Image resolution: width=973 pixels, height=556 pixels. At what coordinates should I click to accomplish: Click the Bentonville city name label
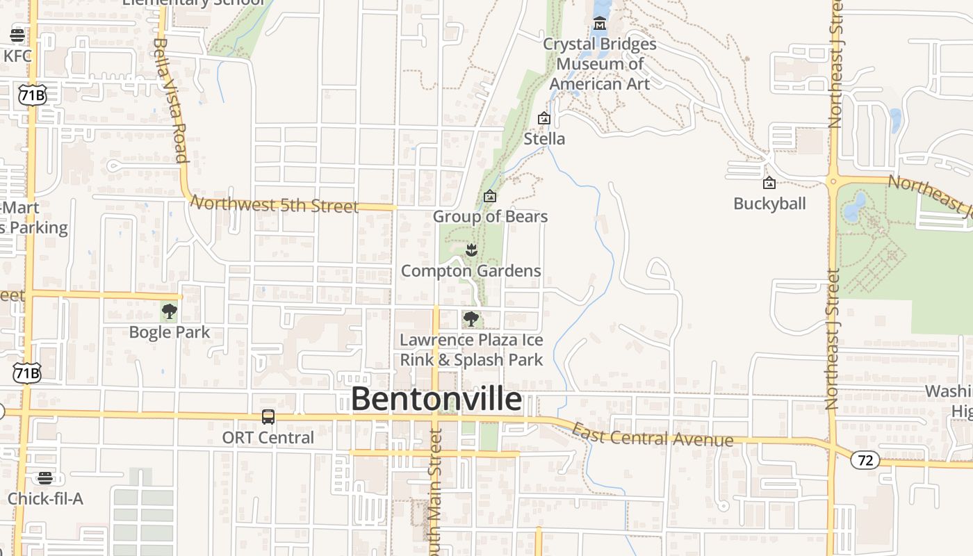(436, 400)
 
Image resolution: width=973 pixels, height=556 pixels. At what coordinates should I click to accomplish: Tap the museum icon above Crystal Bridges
(599, 26)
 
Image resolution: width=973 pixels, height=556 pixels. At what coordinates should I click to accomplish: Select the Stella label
(544, 139)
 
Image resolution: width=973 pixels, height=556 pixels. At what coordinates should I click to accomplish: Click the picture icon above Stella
(544, 119)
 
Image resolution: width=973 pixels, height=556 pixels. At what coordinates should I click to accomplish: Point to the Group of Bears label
(490, 217)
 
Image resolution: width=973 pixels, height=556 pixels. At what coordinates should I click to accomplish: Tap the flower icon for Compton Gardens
(471, 250)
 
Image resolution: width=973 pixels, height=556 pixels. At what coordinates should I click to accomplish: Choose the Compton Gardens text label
(471, 271)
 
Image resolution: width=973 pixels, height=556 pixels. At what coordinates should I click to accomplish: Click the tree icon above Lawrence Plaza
(471, 319)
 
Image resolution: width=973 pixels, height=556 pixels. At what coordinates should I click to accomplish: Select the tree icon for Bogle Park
(169, 311)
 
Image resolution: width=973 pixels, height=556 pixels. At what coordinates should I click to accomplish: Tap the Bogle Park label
(169, 332)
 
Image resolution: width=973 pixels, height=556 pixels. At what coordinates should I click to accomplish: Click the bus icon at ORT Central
(268, 417)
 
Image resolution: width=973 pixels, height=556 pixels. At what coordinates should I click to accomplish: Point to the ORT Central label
(268, 438)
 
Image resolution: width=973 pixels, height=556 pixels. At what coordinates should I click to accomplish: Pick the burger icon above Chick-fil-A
(45, 477)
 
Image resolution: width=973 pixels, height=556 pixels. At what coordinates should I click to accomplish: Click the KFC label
(17, 56)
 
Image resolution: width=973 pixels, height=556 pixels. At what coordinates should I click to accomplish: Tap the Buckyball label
(769, 204)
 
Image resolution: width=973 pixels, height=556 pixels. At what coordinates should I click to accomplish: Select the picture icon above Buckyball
(769, 183)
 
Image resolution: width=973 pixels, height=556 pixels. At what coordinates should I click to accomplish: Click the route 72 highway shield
(865, 460)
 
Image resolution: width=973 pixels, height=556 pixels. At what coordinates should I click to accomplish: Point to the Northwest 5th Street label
(275, 204)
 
